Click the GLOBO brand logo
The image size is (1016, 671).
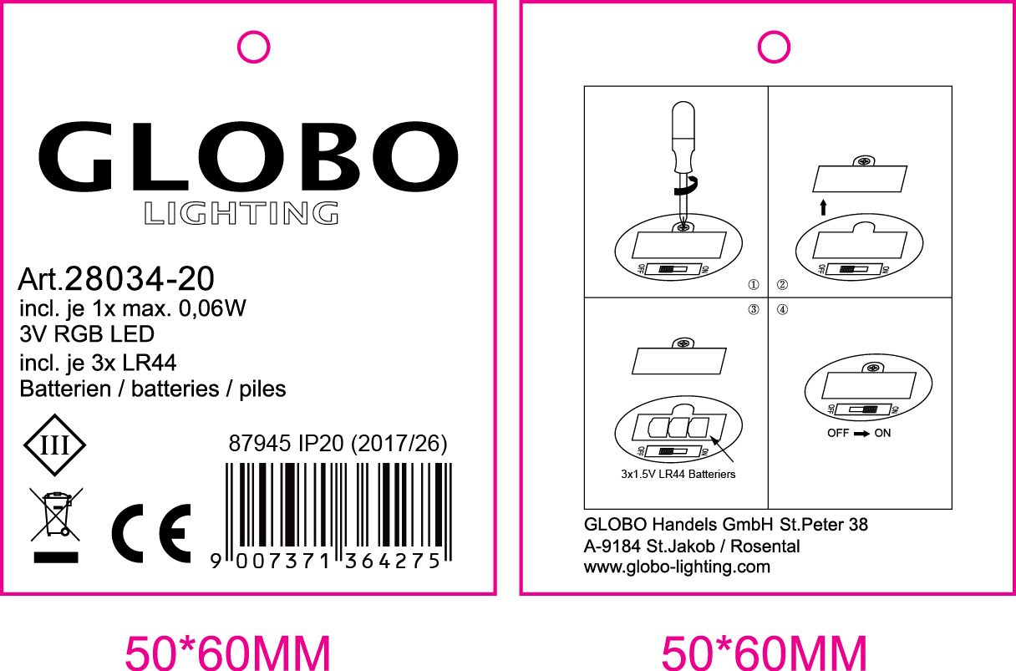[x=248, y=156]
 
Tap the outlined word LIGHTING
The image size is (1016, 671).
[x=241, y=214]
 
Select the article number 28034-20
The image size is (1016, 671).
[x=140, y=278]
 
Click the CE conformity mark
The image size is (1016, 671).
[x=151, y=533]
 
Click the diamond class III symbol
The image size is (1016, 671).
[x=54, y=445]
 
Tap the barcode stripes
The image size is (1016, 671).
[x=338, y=505]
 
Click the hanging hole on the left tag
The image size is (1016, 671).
[x=253, y=47]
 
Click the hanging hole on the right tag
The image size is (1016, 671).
[x=774, y=47]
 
